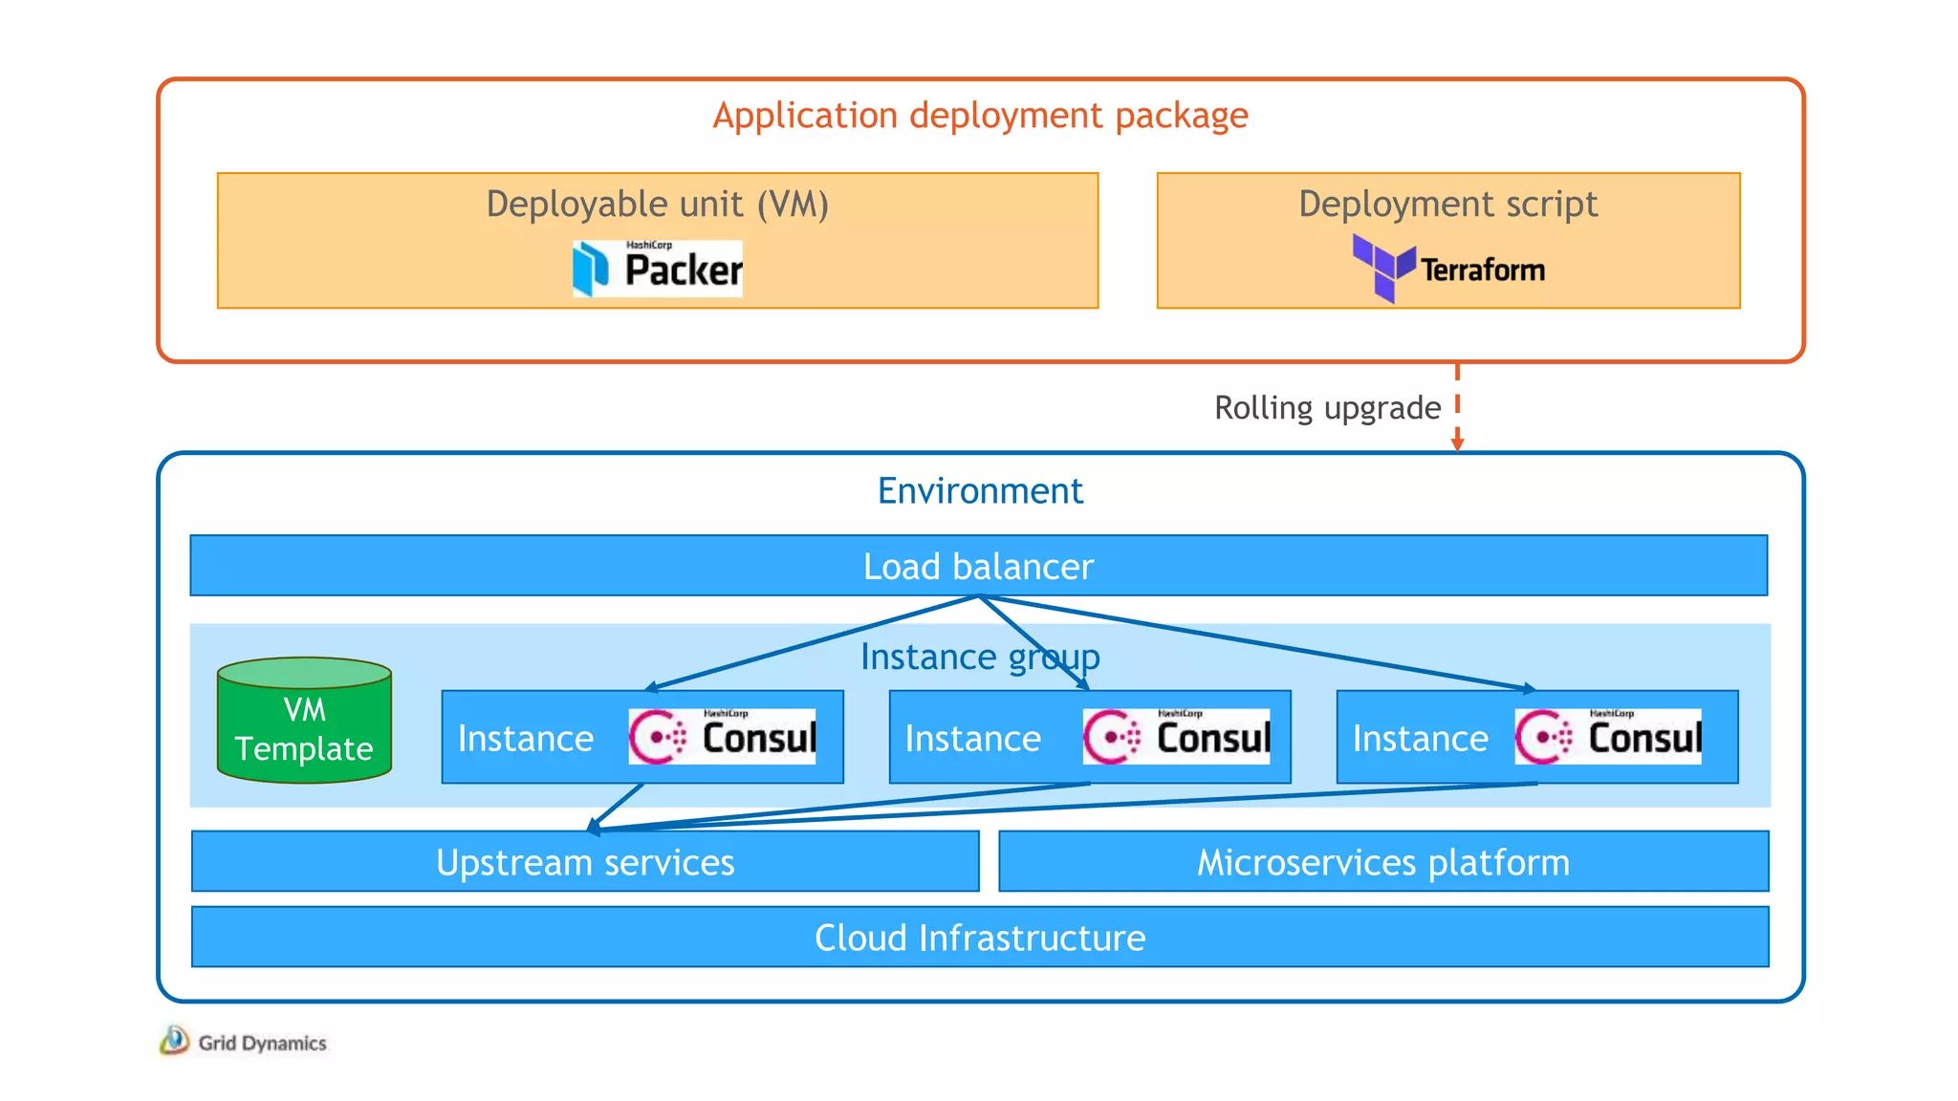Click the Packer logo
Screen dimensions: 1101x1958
click(658, 269)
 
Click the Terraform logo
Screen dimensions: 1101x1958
click(1448, 269)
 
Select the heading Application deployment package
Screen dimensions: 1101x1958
click(980, 116)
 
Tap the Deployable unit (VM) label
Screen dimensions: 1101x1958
click(657, 205)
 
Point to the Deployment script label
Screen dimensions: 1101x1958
click(1447, 205)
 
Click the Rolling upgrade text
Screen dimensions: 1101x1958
click(1327, 408)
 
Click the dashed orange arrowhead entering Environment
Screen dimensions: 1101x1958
click(1457, 443)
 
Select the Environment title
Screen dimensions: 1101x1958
click(980, 491)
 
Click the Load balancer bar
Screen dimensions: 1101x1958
click(978, 567)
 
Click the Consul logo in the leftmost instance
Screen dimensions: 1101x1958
click(722, 737)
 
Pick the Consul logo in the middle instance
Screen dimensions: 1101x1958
click(1176, 737)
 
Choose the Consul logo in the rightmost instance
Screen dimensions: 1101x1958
click(1608, 737)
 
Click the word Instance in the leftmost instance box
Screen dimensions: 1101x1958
click(526, 739)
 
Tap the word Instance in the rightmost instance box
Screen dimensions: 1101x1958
click(1420, 739)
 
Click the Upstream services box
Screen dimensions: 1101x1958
click(585, 862)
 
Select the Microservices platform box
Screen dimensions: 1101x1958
click(1383, 862)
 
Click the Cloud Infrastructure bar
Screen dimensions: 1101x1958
click(980, 938)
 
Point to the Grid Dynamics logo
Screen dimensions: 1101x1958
click(244, 1042)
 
